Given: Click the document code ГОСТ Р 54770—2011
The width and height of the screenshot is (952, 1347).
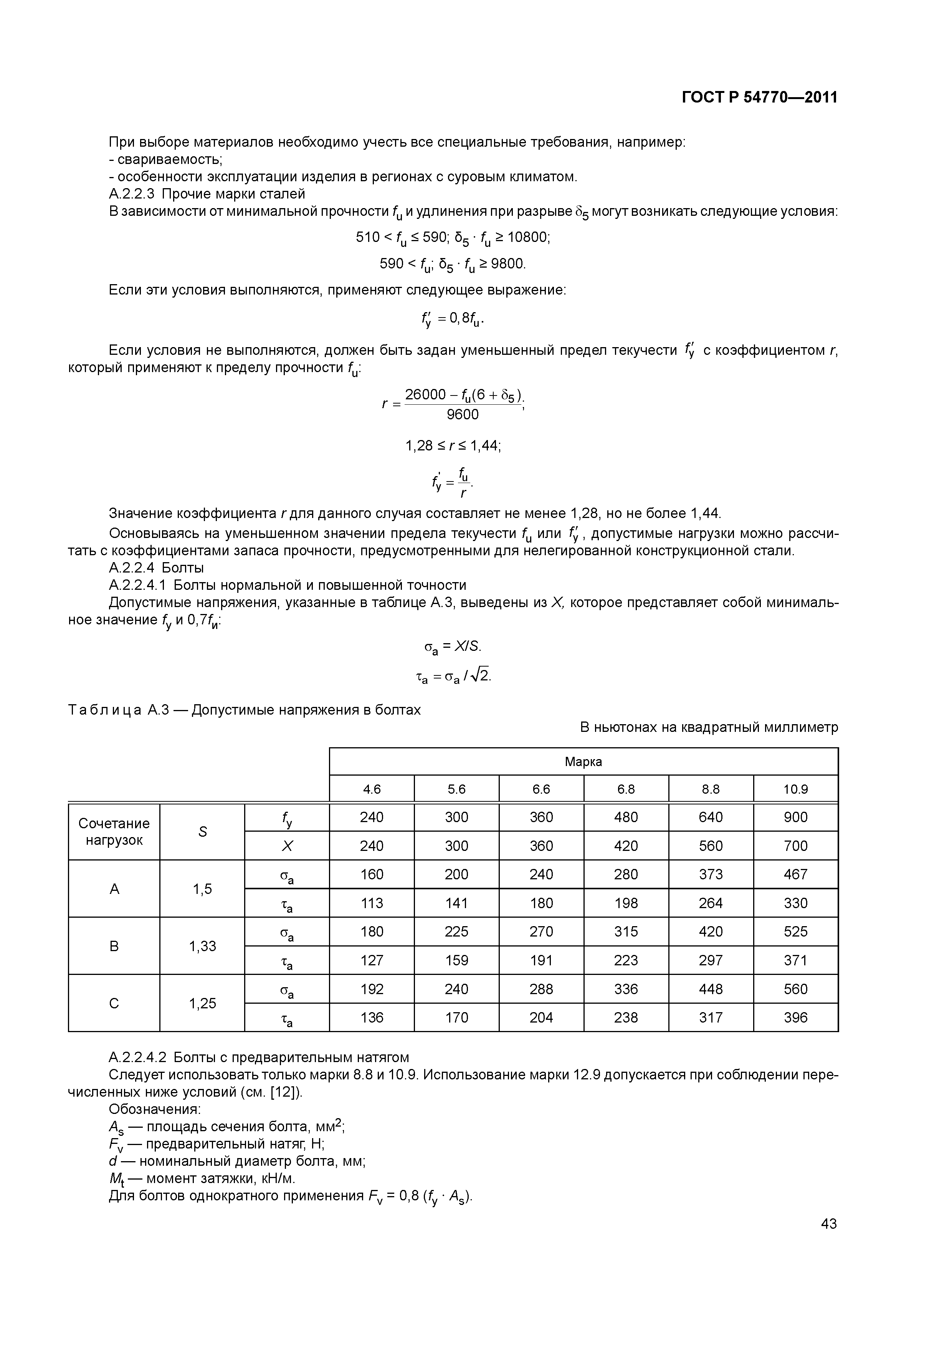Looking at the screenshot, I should tap(760, 98).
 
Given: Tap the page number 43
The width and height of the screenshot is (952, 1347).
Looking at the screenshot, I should tap(829, 1223).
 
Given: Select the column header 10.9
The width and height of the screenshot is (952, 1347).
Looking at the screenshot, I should tap(795, 789).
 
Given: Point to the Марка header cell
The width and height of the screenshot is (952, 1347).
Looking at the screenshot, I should tap(583, 761).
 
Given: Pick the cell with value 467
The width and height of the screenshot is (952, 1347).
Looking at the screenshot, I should tap(795, 874).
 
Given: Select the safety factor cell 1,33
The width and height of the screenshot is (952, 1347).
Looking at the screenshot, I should tap(202, 946).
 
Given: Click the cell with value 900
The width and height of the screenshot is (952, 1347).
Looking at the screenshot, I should tap(795, 817).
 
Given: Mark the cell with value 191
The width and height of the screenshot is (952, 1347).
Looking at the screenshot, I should tap(541, 960).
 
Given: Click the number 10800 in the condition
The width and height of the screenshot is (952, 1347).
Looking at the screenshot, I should tap(528, 237).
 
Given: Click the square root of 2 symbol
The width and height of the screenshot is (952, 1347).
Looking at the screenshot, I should tap(482, 677).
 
